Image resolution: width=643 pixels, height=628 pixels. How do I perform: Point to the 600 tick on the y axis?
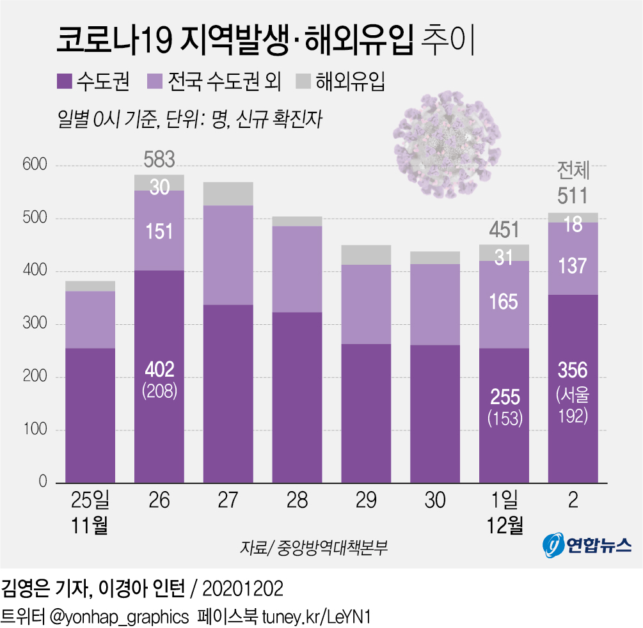(x=34, y=166)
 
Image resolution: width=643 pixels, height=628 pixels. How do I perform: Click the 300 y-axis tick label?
(x=34, y=324)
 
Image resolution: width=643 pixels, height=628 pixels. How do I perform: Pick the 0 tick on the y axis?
(x=42, y=482)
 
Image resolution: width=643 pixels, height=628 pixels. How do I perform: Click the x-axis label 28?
(x=297, y=500)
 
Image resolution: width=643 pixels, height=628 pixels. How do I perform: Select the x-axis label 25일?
(x=90, y=500)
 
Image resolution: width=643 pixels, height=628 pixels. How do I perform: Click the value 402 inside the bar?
(x=159, y=369)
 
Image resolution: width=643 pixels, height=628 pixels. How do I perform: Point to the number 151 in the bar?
(x=159, y=231)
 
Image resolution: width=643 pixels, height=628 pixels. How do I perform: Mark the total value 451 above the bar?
(x=504, y=230)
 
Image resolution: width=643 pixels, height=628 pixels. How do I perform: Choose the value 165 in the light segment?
(x=504, y=301)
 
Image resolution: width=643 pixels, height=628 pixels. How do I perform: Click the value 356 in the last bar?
(x=573, y=370)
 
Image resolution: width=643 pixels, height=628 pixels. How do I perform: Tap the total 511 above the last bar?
(x=573, y=196)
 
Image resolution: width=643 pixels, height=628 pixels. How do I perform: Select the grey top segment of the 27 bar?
(x=228, y=193)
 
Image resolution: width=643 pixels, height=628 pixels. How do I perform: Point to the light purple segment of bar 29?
(x=366, y=304)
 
